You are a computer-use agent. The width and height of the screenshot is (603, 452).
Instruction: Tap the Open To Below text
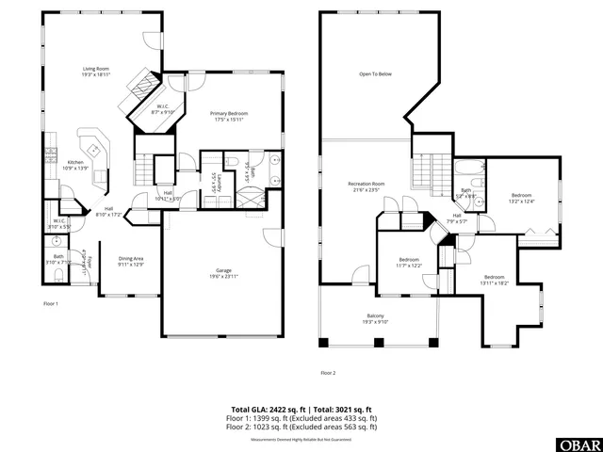[374, 73]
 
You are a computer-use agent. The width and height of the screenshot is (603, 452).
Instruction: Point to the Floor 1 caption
[51, 303]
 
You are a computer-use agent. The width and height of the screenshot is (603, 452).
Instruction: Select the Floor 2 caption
[327, 372]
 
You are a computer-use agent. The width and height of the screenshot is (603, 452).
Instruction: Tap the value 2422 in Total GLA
[278, 409]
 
